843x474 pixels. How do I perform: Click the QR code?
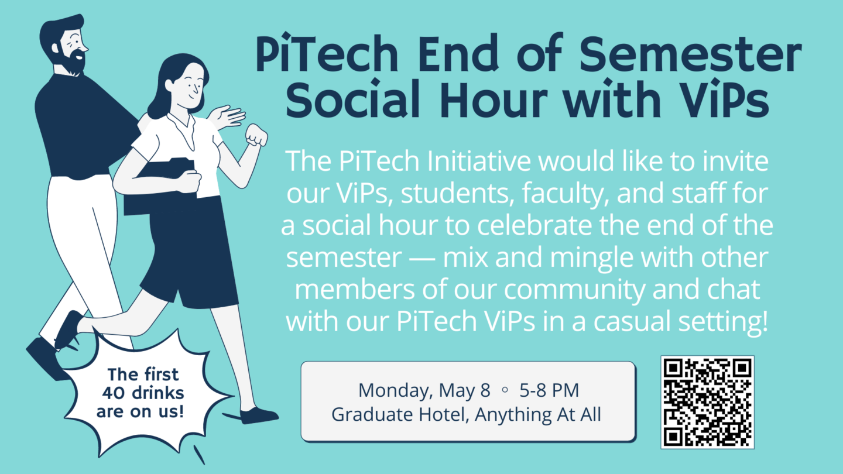click(x=708, y=402)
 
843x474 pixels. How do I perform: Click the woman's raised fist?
click(x=256, y=136)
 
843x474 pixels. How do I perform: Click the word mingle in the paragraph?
click(x=553, y=258)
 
